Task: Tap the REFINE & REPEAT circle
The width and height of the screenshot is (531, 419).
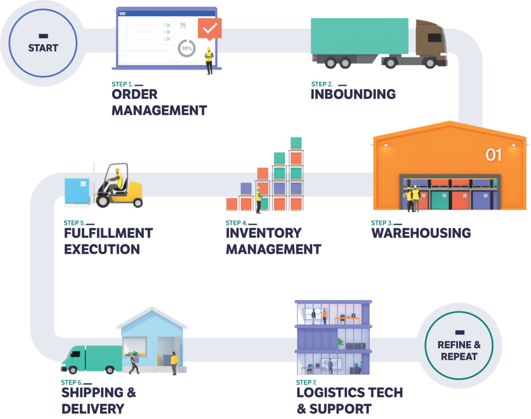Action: (458, 345)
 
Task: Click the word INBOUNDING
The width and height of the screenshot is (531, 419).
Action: (353, 94)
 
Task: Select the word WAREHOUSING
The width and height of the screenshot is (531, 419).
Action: (421, 233)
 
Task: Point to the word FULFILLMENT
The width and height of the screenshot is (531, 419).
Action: (108, 233)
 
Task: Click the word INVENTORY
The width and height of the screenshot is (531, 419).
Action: (263, 233)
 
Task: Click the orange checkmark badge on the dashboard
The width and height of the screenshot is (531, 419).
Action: (209, 29)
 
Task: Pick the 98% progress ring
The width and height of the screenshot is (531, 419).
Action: (186, 48)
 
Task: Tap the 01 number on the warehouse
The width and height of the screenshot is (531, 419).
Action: (494, 155)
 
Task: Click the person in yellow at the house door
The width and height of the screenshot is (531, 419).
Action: (173, 362)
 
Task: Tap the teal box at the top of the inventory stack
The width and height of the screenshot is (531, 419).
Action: (296, 143)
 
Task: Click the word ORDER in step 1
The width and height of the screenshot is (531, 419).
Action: (134, 94)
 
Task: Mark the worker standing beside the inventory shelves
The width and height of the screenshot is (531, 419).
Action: (258, 200)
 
